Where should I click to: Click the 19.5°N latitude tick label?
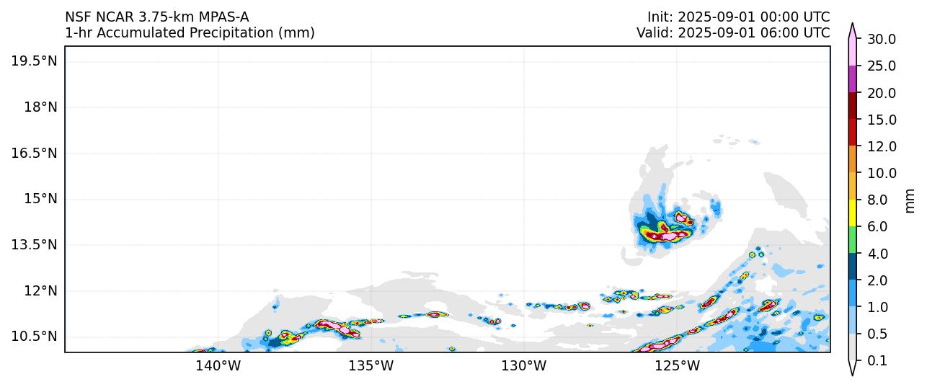[x=34, y=61]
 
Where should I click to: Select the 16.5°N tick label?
[x=34, y=154]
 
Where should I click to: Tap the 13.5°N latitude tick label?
[x=34, y=245]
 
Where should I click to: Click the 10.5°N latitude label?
[x=34, y=337]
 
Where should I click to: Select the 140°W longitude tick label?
[x=218, y=366]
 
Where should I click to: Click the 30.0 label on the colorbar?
[x=881, y=40]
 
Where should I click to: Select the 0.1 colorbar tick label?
[x=877, y=361]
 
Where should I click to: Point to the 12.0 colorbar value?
[x=881, y=147]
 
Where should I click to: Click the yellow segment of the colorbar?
[x=852, y=213]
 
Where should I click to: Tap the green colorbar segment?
[x=852, y=240]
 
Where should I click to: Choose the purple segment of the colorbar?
[x=852, y=79]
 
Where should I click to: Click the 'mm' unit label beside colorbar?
[x=910, y=200]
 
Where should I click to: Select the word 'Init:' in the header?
[x=660, y=17]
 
